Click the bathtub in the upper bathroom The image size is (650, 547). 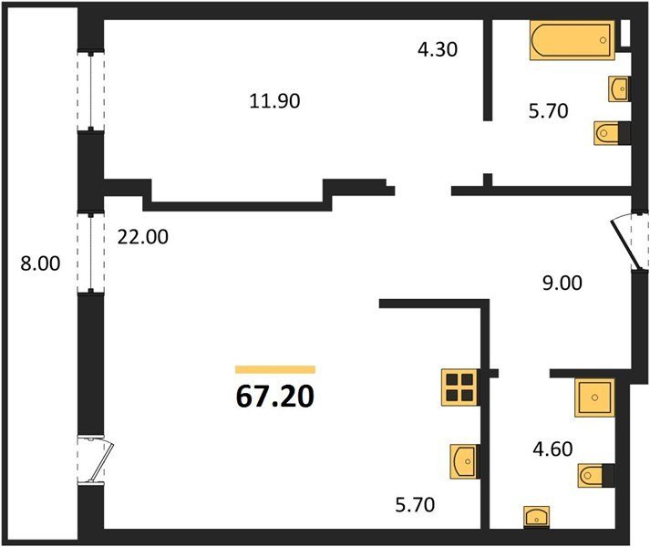[x=573, y=40]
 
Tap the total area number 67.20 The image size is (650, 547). [x=275, y=397]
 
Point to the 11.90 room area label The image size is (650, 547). [x=274, y=101]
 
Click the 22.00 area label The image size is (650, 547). [x=143, y=237]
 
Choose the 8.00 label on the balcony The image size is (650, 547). [x=41, y=263]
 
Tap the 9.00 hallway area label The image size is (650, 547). [x=562, y=283]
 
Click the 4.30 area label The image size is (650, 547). [x=438, y=49]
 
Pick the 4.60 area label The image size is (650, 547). [x=552, y=449]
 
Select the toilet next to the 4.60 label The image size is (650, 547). [x=596, y=476]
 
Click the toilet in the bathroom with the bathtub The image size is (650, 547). [x=613, y=133]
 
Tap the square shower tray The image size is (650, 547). [x=594, y=397]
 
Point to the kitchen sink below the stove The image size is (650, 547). [x=466, y=461]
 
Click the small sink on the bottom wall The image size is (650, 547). [x=537, y=517]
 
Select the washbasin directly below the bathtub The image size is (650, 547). [x=620, y=88]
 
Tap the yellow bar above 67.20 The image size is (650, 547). [x=275, y=369]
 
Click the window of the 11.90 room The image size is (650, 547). [x=90, y=90]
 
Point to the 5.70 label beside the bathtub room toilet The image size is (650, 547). [x=548, y=111]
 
